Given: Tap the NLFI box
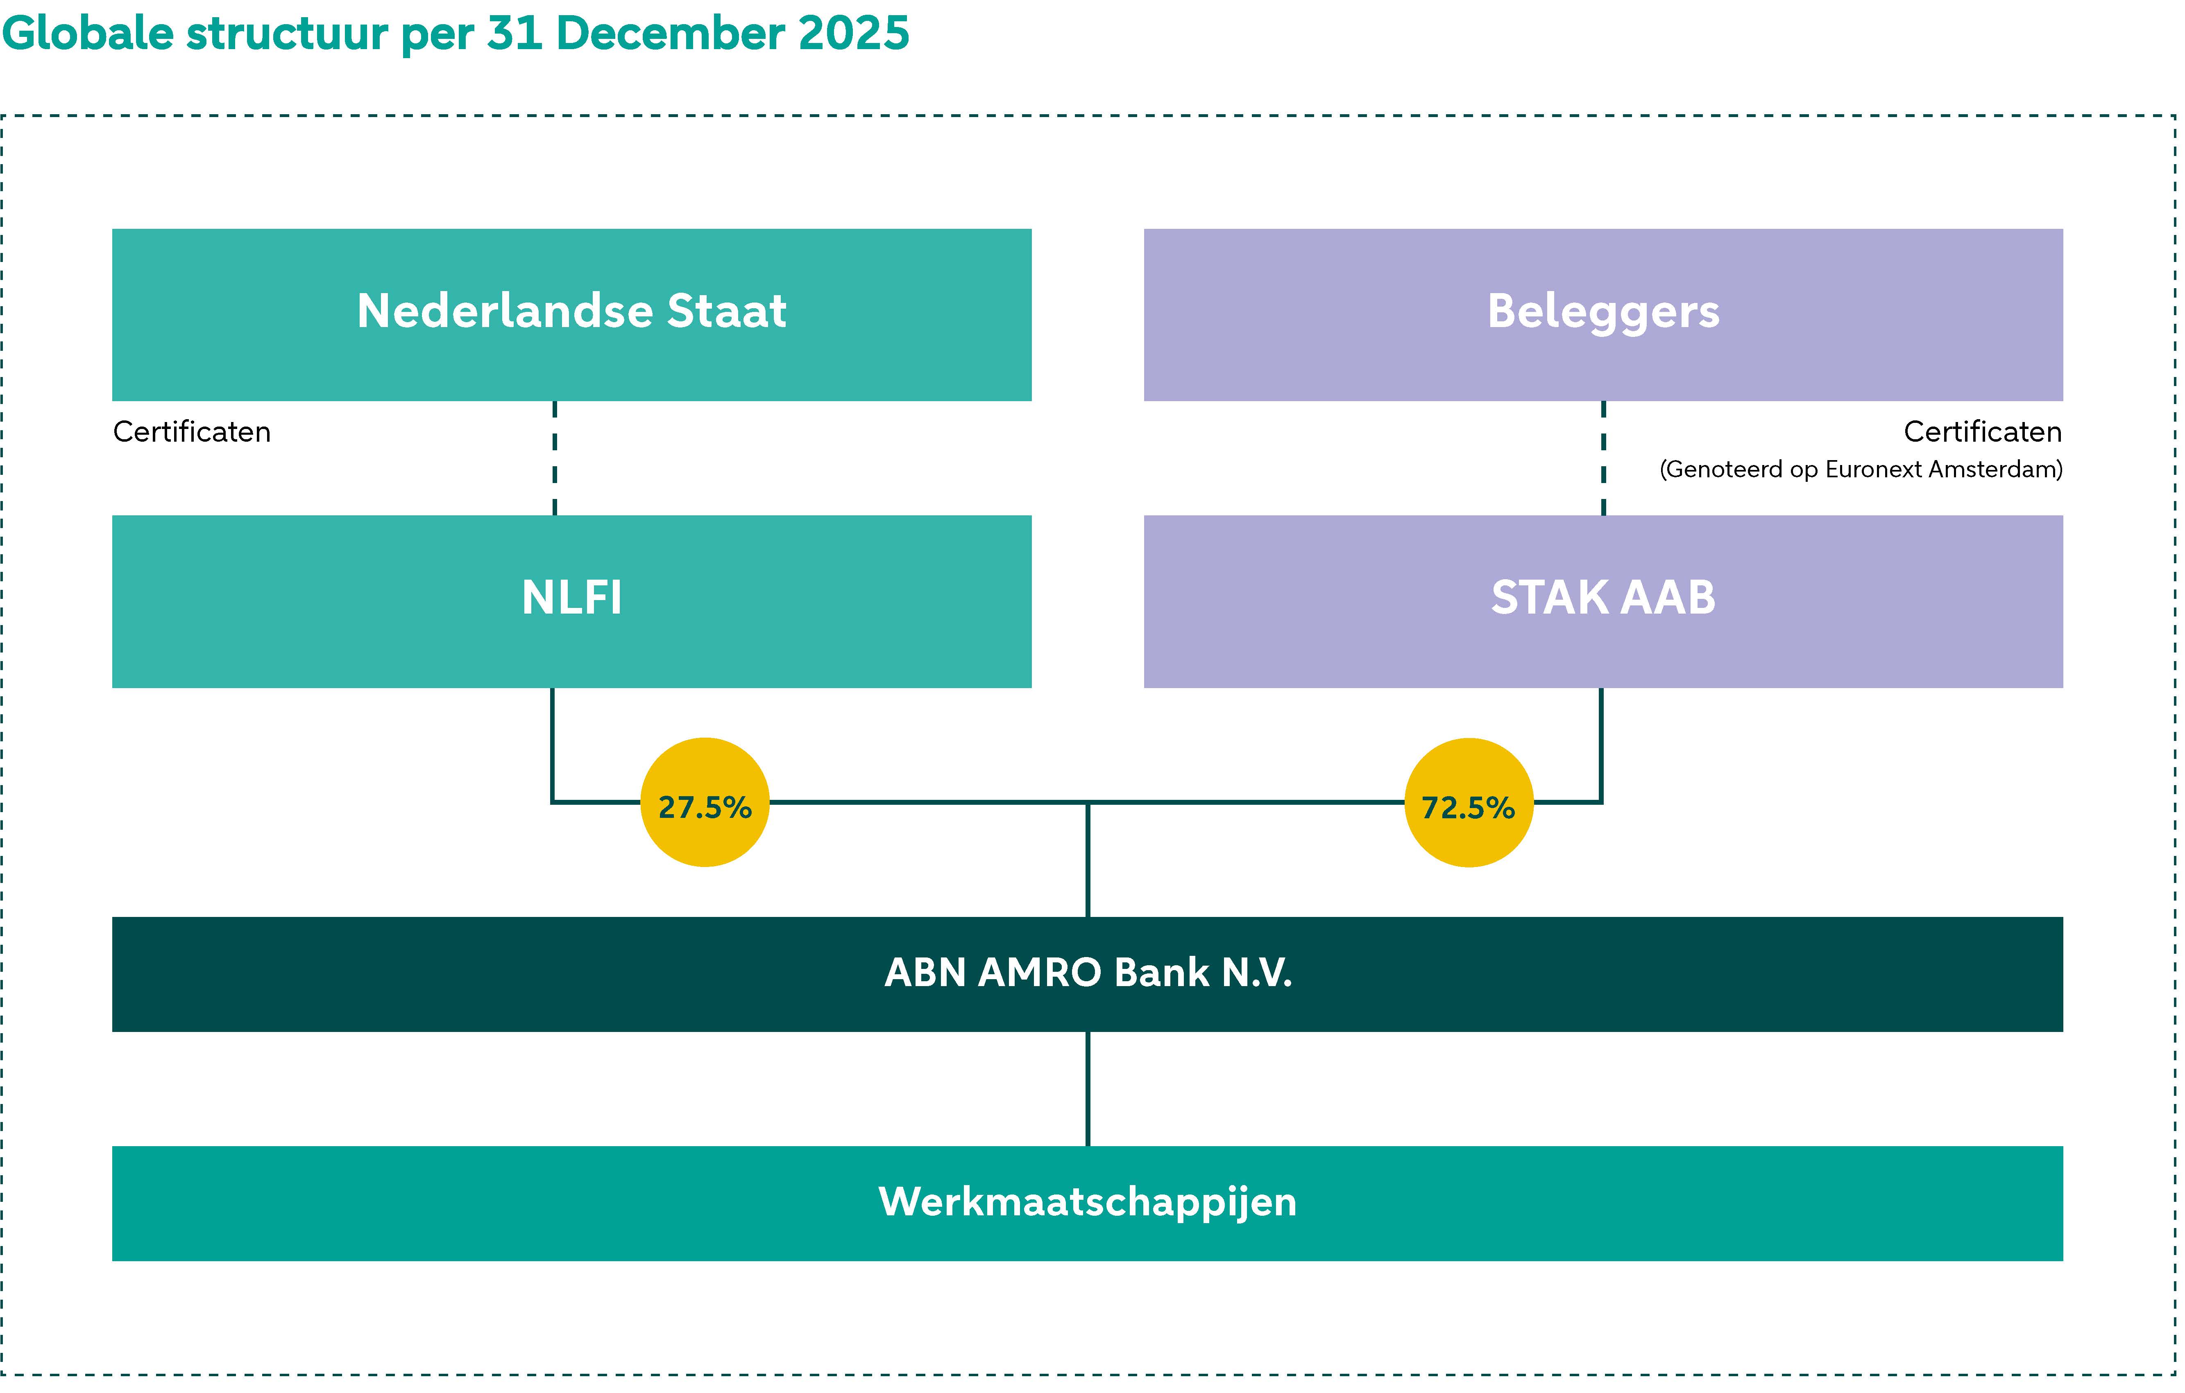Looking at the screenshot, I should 572,601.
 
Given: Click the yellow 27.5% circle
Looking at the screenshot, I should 705,803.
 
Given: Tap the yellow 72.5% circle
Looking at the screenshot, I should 1468,803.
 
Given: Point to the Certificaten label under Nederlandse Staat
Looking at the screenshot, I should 191,432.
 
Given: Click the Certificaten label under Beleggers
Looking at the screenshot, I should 1983,432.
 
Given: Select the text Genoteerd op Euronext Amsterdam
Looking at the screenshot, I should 1860,470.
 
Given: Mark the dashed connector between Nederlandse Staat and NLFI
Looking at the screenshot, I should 554,458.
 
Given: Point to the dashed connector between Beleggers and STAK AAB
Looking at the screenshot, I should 1603,458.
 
